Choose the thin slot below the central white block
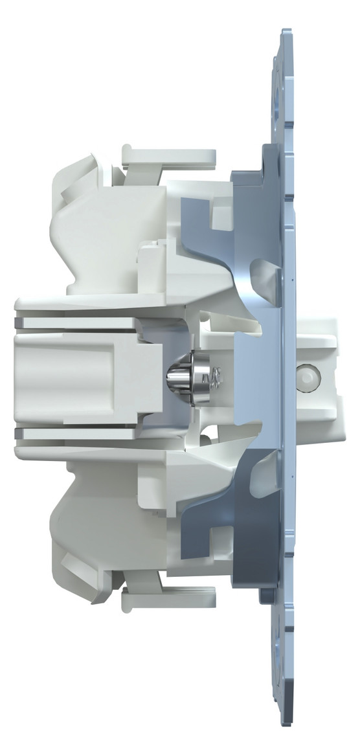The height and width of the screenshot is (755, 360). coord(78,429)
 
